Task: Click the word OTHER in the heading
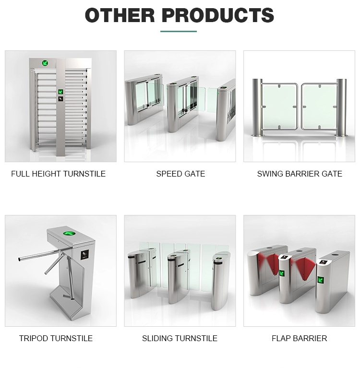click(120, 15)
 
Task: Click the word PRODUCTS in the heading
click(218, 15)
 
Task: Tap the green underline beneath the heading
click(179, 31)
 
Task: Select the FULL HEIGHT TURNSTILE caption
click(58, 174)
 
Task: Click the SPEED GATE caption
click(180, 174)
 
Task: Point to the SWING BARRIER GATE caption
click(300, 174)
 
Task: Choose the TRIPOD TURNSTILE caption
click(56, 338)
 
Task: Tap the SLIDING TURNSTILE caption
click(180, 338)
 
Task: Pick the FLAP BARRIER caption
click(300, 338)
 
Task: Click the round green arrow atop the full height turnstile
click(45, 63)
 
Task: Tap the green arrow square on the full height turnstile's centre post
click(60, 92)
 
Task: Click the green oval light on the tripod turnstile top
click(69, 234)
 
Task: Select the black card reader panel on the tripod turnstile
click(84, 254)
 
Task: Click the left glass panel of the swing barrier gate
click(279, 107)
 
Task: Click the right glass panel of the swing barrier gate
click(319, 107)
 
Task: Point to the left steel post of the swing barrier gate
click(257, 107)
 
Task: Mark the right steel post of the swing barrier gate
click(341, 108)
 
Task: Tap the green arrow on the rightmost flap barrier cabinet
click(322, 280)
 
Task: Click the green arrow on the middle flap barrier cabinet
click(282, 273)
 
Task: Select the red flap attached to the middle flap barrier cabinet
click(304, 268)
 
